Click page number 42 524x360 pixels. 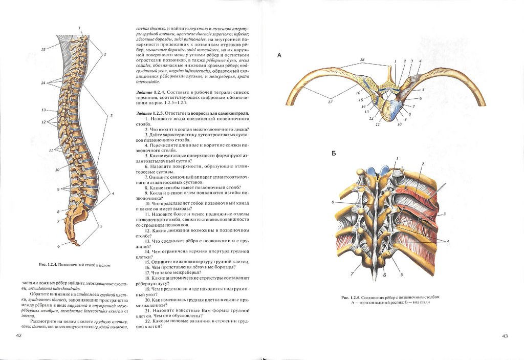click(x=19, y=335)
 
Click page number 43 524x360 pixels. click(x=505, y=335)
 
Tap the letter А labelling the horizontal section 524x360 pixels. click(x=279, y=55)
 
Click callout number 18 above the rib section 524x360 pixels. click(x=362, y=60)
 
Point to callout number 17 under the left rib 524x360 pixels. click(x=330, y=101)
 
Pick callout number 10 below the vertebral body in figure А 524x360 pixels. click(x=399, y=124)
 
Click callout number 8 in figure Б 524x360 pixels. click(x=333, y=202)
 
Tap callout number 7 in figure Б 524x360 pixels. click(x=352, y=273)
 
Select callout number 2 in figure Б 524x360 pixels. click(x=423, y=164)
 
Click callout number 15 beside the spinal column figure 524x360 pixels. click(x=43, y=49)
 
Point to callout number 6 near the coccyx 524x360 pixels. click(x=58, y=246)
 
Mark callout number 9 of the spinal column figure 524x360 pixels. click(x=59, y=189)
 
